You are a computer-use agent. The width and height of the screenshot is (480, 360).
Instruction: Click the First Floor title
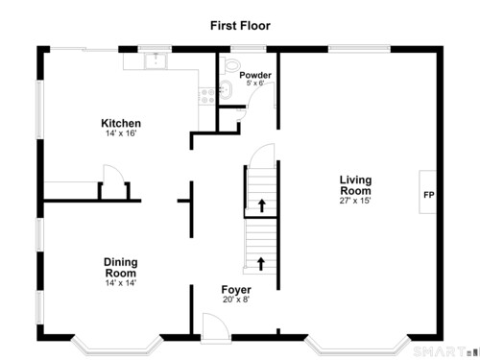coord(240,26)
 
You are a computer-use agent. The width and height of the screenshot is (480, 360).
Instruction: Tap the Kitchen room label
coord(121,123)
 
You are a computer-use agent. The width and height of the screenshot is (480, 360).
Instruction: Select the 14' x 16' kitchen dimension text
coord(121,133)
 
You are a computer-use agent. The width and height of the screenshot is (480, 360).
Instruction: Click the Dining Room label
coord(121,268)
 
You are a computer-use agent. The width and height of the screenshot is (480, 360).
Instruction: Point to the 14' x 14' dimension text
coord(121,283)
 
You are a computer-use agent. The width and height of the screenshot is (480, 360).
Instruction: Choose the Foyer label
coord(236,290)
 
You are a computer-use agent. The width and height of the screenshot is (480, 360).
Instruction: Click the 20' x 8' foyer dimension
coord(236,300)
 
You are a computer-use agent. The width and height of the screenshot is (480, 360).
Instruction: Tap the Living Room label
coord(355,185)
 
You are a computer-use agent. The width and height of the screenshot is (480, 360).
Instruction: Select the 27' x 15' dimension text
coord(355,201)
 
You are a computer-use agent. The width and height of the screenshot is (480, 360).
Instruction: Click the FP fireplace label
coord(429,195)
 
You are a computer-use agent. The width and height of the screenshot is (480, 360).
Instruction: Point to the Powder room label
coord(255,75)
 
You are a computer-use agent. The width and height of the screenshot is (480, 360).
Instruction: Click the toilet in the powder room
coord(230,64)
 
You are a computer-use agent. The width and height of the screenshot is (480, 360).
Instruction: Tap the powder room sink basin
coord(226,89)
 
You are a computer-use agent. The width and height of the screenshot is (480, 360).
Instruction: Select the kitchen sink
coord(156,60)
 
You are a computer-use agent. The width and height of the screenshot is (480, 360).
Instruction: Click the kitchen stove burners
coord(207,96)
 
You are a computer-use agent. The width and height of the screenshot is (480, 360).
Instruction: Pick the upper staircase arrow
coord(262,205)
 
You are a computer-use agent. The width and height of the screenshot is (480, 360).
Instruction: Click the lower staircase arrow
coord(261,264)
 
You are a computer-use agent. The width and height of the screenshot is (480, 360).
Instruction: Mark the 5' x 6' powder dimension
coord(255,83)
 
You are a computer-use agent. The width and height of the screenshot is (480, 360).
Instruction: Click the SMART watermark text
coord(439,351)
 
